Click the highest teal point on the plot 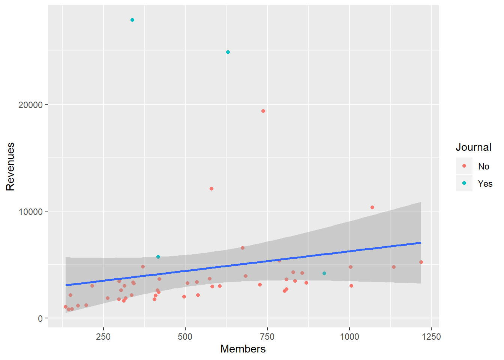point(132,20)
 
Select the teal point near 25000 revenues point(228,52)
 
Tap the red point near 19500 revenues point(263,111)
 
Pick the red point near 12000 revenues point(211,189)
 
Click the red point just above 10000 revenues point(372,207)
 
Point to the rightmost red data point point(421,262)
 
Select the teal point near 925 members point(324,273)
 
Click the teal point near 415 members point(158,257)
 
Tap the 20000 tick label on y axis point(30,105)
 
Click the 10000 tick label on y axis point(30,211)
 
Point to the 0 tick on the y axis point(40,318)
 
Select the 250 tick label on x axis point(103,337)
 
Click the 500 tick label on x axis point(185,337)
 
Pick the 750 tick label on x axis point(267,337)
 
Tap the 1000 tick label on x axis point(349,337)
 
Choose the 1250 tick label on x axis point(431,337)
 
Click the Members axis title point(243,349)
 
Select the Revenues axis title point(10,166)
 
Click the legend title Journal point(473,147)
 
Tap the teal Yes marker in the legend point(464,183)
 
